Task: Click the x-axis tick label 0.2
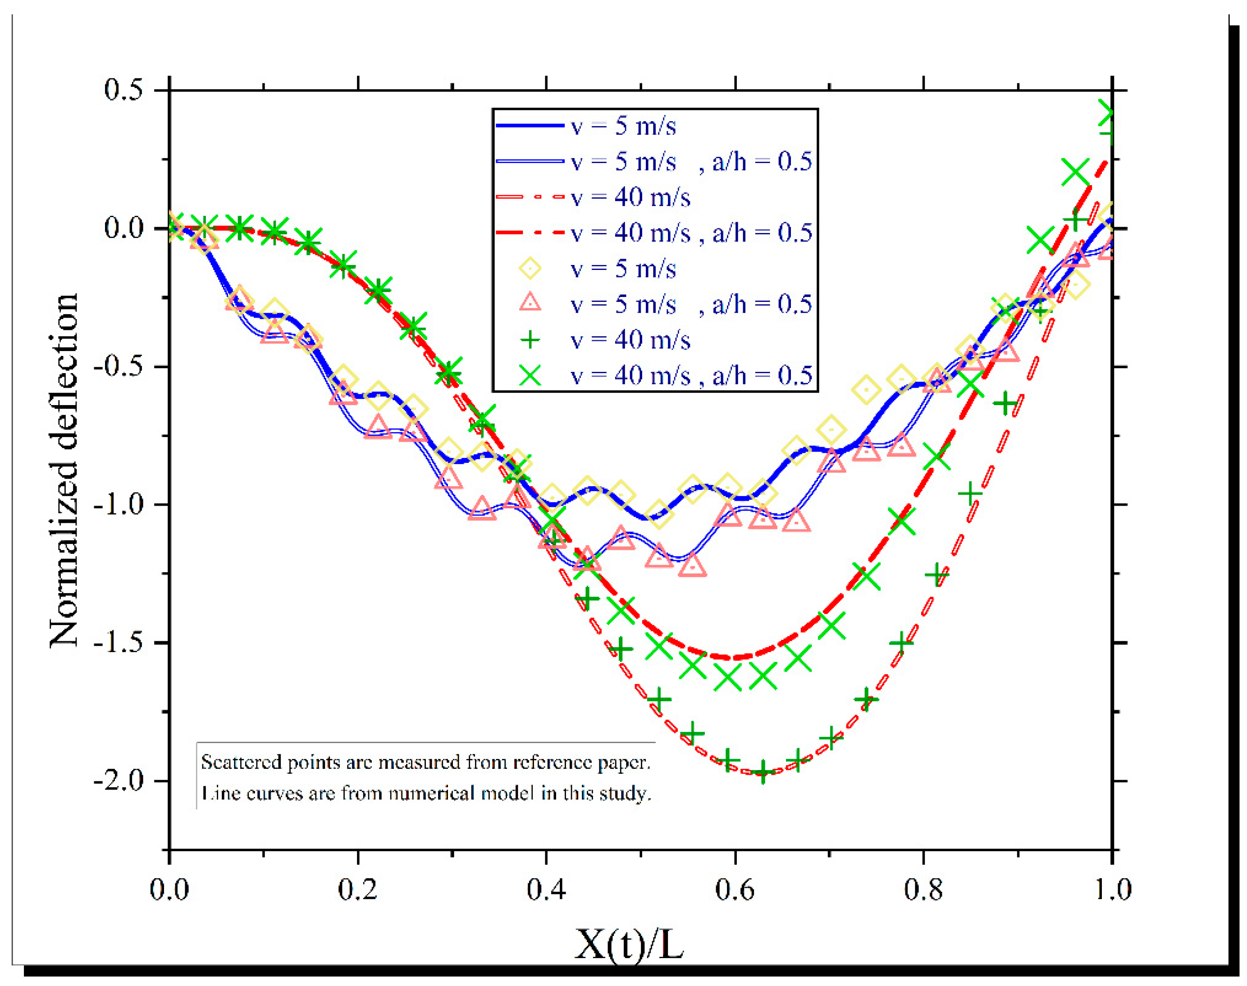[357, 889]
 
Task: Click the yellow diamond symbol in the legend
[530, 269]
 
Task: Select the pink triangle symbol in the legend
[530, 303]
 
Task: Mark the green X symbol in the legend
[530, 376]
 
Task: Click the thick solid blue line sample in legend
[530, 125]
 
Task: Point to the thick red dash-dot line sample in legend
[530, 233]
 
